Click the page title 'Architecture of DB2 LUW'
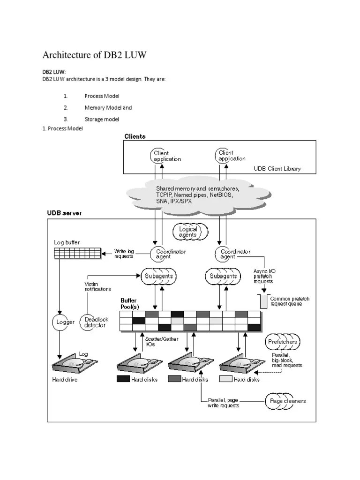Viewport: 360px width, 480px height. [95, 55]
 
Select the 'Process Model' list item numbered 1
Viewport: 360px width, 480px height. [102, 96]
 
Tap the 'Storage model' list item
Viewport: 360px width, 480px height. [102, 119]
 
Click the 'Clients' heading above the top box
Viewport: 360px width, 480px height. [135, 136]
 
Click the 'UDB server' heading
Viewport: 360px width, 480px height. [64, 213]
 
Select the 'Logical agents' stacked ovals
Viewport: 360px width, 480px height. [188, 232]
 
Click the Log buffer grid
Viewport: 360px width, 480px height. [77, 253]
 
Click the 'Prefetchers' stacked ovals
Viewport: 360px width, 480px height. [282, 342]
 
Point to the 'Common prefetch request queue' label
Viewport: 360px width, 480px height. [290, 301]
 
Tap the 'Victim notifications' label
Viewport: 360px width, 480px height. [97, 286]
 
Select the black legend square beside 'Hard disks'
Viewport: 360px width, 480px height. [123, 379]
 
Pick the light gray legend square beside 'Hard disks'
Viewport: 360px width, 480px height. [226, 379]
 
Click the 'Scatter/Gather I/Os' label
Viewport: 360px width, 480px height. [155, 342]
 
